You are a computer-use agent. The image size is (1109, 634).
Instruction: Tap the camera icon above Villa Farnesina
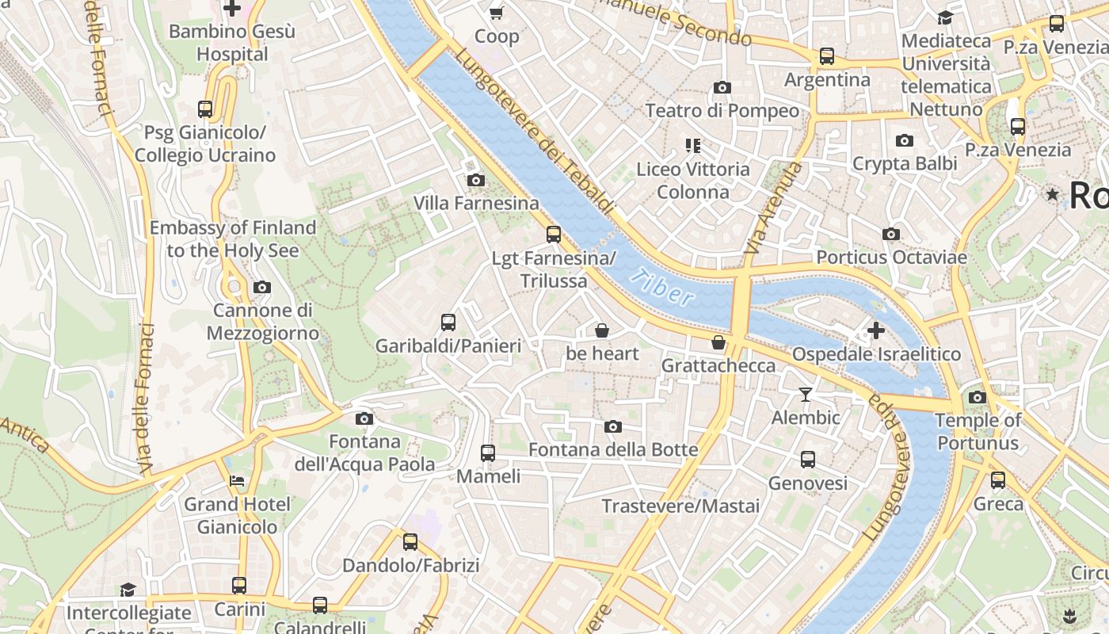(476, 180)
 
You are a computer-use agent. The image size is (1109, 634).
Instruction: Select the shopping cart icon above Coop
(497, 13)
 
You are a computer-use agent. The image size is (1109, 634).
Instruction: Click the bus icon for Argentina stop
(827, 56)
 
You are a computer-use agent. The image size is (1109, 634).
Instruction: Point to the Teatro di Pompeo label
(722, 110)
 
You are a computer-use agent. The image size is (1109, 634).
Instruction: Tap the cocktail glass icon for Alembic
(806, 394)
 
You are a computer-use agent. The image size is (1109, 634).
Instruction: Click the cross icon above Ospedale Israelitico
(876, 330)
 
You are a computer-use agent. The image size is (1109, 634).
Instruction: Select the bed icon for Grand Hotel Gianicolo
(237, 480)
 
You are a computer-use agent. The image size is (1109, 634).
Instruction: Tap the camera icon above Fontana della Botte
(612, 427)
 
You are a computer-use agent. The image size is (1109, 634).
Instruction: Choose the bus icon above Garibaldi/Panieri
(448, 323)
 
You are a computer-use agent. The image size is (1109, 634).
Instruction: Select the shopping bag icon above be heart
(602, 330)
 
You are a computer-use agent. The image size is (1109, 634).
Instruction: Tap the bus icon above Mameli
(488, 453)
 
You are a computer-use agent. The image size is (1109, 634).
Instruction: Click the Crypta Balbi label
(905, 163)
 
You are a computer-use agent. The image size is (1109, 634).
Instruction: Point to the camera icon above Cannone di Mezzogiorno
(262, 287)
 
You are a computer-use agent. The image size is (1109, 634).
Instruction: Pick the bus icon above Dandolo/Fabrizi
(410, 542)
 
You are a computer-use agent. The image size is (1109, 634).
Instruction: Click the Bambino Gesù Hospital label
(232, 43)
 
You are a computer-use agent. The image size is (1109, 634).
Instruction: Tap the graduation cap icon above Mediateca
(945, 17)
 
